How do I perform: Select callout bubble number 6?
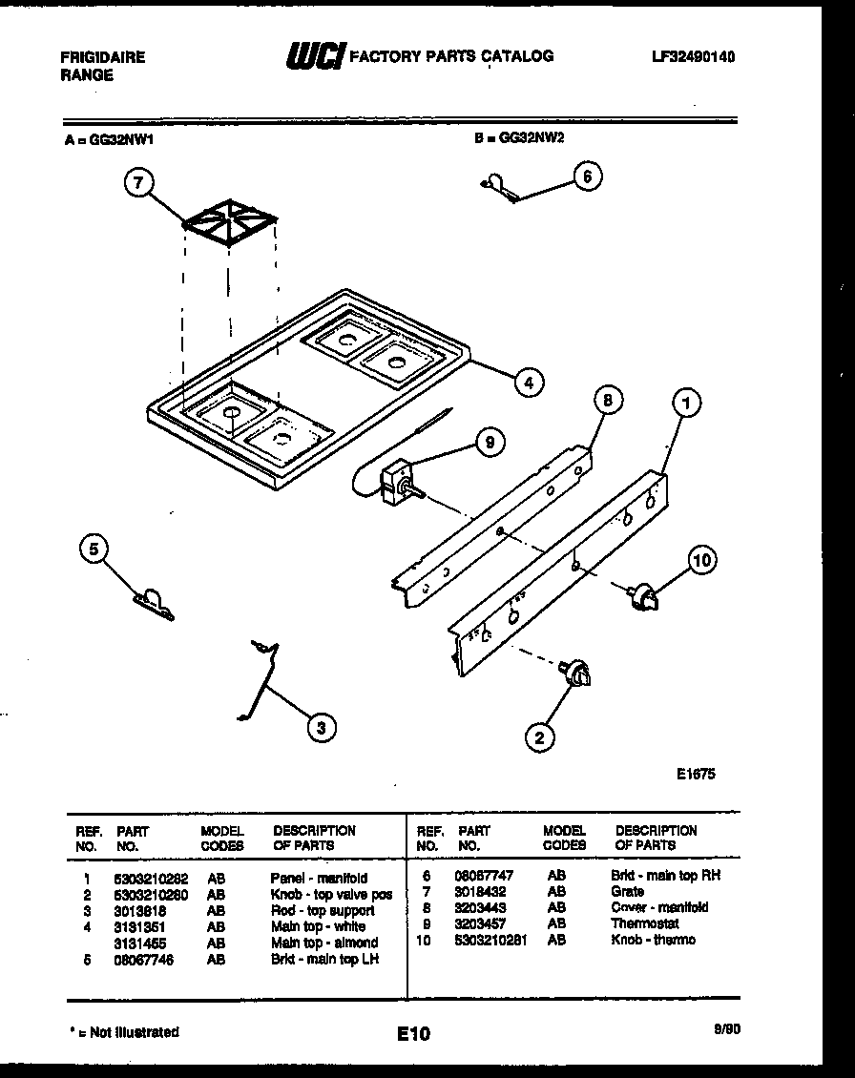pos(588,176)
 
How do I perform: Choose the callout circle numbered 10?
pos(701,561)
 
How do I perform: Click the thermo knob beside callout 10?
pos(644,596)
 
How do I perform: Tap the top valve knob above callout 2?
pos(577,674)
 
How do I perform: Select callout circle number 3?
pos(321,728)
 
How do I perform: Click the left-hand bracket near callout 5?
pos(154,603)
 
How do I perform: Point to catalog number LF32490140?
pos(694,57)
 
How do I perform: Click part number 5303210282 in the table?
pos(150,878)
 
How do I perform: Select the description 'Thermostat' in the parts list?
pos(645,923)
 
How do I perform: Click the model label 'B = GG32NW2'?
pos(519,137)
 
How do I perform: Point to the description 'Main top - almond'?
pos(324,943)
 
